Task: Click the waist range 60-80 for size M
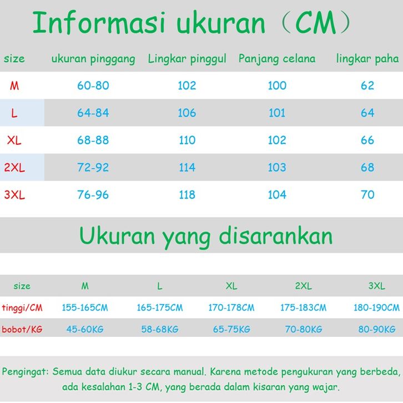(x=93, y=85)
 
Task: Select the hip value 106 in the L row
(x=187, y=113)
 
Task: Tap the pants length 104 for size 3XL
(x=277, y=195)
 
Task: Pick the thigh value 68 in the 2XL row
(x=367, y=168)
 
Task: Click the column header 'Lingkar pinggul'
(x=187, y=59)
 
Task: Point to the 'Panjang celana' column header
(x=277, y=59)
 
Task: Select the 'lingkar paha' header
(x=367, y=59)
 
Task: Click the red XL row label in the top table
(x=14, y=140)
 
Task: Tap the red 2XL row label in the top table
(x=14, y=168)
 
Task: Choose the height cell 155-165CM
(x=85, y=308)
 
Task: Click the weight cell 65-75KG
(x=231, y=329)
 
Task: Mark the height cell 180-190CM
(x=376, y=308)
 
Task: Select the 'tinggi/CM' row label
(x=22, y=308)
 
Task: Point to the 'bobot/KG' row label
(x=22, y=329)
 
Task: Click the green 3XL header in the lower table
(x=376, y=286)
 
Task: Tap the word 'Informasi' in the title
(x=99, y=23)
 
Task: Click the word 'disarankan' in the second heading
(x=276, y=236)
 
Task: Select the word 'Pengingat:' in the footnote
(x=25, y=372)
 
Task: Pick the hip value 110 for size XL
(x=187, y=140)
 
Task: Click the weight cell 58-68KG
(x=160, y=329)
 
